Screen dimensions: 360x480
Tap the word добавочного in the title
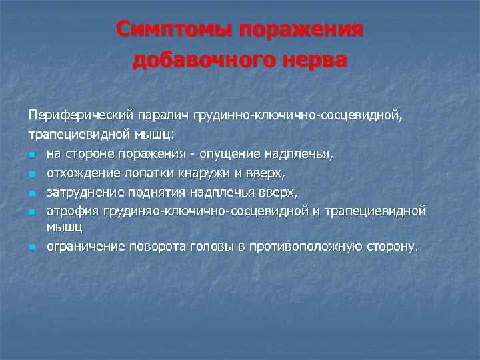tap(201, 60)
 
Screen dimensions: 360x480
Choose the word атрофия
tap(72, 210)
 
